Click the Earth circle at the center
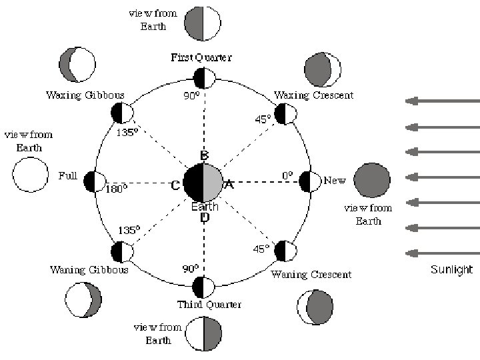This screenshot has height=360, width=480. pyautogui.click(x=203, y=182)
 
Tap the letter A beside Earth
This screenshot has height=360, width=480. pyautogui.click(x=228, y=185)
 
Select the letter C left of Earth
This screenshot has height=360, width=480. pyautogui.click(x=175, y=185)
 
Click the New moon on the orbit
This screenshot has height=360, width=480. pyautogui.click(x=311, y=181)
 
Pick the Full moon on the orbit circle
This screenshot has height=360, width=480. pyautogui.click(x=95, y=181)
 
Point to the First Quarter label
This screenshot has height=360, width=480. pyautogui.click(x=201, y=58)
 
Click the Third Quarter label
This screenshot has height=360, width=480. pyautogui.click(x=209, y=305)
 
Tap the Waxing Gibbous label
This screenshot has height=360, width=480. pyautogui.click(x=85, y=95)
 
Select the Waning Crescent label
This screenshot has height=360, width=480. pyautogui.click(x=311, y=275)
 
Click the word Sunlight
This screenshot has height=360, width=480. pyautogui.click(x=451, y=270)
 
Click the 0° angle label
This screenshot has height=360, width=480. pyautogui.click(x=287, y=175)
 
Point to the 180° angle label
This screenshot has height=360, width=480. pyautogui.click(x=116, y=189)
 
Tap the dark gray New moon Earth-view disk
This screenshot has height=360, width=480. pyautogui.click(x=371, y=181)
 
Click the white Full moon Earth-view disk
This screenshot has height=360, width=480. pyautogui.click(x=31, y=175)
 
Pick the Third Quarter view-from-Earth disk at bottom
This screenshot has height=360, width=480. pyautogui.click(x=203, y=333)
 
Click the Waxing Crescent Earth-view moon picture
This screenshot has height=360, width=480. pyautogui.click(x=323, y=69)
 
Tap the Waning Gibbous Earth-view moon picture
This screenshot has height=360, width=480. pyautogui.click(x=83, y=299)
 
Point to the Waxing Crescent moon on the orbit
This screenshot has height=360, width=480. pyautogui.click(x=286, y=114)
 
